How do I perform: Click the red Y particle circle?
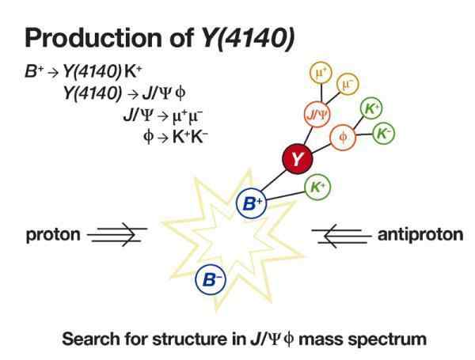point(296,160)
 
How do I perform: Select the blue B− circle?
point(211,279)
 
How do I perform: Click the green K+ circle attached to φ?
point(370,108)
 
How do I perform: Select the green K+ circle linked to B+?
point(317,187)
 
